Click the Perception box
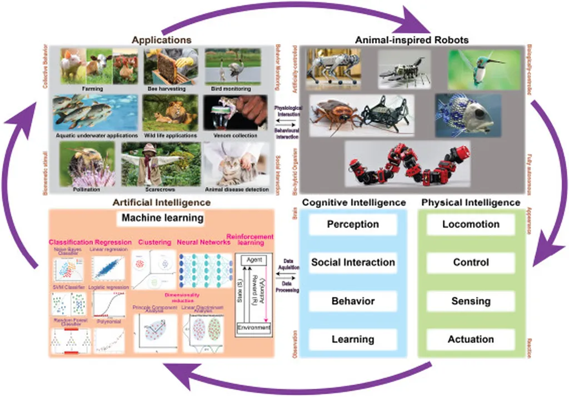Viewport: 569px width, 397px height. point(353,225)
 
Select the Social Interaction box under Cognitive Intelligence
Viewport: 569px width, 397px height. point(353,262)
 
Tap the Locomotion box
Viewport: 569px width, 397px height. point(471,225)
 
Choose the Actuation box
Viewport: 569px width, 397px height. point(471,339)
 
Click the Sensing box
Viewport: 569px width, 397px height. point(471,301)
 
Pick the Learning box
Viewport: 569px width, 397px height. point(353,339)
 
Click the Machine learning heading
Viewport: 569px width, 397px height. point(162,219)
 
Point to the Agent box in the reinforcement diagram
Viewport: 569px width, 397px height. point(254,260)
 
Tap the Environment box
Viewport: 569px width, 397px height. point(254,328)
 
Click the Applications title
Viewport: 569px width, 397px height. point(162,40)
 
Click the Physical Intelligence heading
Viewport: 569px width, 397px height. point(471,202)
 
